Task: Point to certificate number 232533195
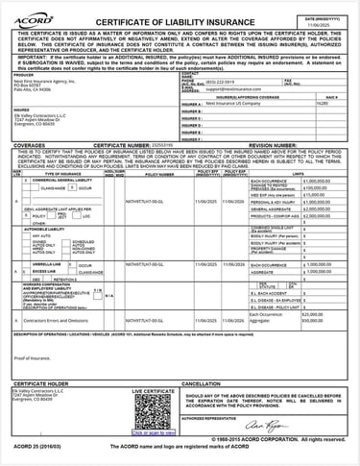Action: pyautogui.click(x=181, y=145)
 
